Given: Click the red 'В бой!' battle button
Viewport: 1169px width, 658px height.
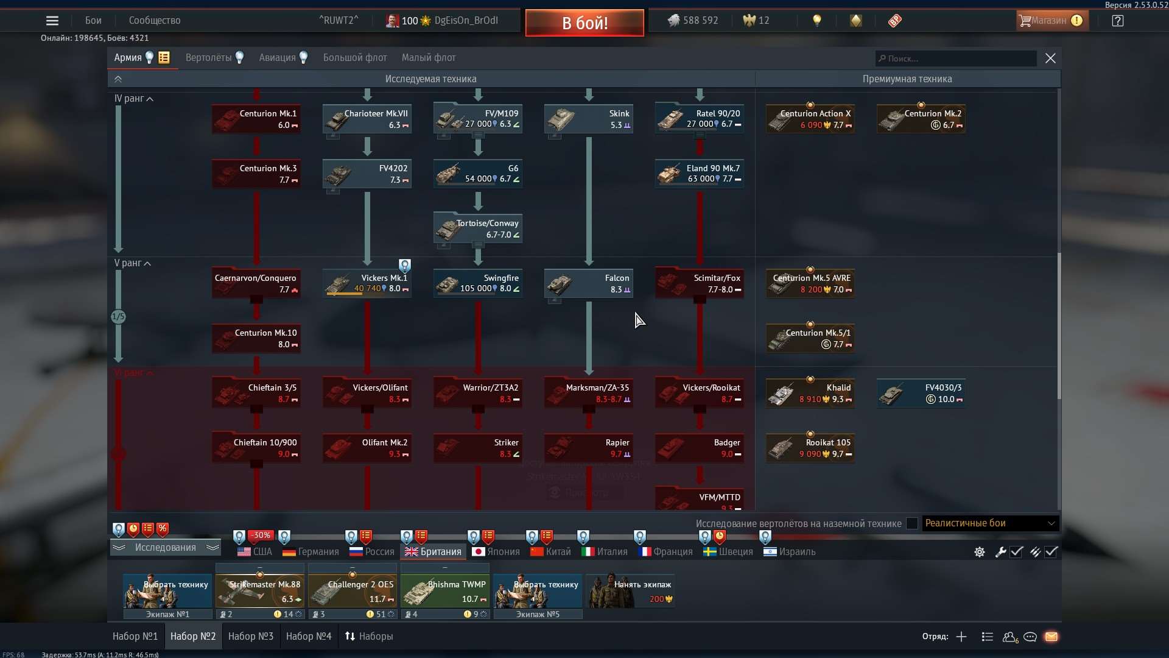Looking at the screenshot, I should point(584,23).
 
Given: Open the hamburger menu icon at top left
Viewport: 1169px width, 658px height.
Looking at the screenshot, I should point(52,21).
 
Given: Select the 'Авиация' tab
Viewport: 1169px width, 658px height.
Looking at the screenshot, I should point(277,58).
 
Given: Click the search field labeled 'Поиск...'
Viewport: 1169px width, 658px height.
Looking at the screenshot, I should point(956,58).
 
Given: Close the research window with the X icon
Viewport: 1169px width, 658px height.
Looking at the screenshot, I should point(1050,58).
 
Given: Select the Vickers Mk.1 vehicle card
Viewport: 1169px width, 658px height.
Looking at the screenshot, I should point(367,283).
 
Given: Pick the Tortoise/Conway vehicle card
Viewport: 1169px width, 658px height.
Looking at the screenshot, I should point(478,228).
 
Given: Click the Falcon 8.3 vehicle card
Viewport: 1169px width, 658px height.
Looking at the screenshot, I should point(589,283).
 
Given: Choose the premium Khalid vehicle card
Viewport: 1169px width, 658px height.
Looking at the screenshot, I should point(810,393).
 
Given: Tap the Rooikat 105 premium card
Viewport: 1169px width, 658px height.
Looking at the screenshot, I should point(810,448).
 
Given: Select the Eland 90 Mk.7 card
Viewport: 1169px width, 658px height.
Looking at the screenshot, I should point(700,174).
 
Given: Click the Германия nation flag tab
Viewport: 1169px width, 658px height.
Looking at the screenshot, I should point(311,551).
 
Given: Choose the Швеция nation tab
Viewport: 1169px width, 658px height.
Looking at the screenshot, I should point(728,551).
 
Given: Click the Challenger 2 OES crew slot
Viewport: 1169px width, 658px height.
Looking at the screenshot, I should point(353,591).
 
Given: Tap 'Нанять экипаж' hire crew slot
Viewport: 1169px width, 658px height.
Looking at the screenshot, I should point(630,591).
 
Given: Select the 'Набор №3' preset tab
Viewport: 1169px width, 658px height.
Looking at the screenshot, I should point(251,636).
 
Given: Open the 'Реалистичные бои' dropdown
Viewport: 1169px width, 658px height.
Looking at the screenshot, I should point(990,523).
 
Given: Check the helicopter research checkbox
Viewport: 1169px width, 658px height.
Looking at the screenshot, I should point(911,523).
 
